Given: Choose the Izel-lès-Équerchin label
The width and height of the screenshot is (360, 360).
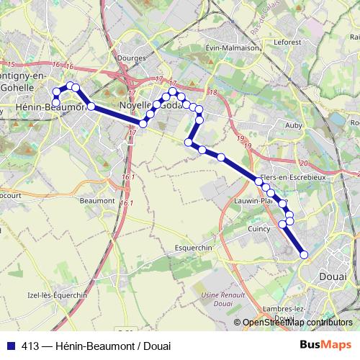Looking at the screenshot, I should click(57, 295).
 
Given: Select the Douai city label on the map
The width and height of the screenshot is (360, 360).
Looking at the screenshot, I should click(332, 276).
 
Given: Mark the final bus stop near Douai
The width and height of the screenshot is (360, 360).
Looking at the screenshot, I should click(304, 253).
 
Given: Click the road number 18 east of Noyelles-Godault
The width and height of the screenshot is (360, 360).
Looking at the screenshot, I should click(212, 92).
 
